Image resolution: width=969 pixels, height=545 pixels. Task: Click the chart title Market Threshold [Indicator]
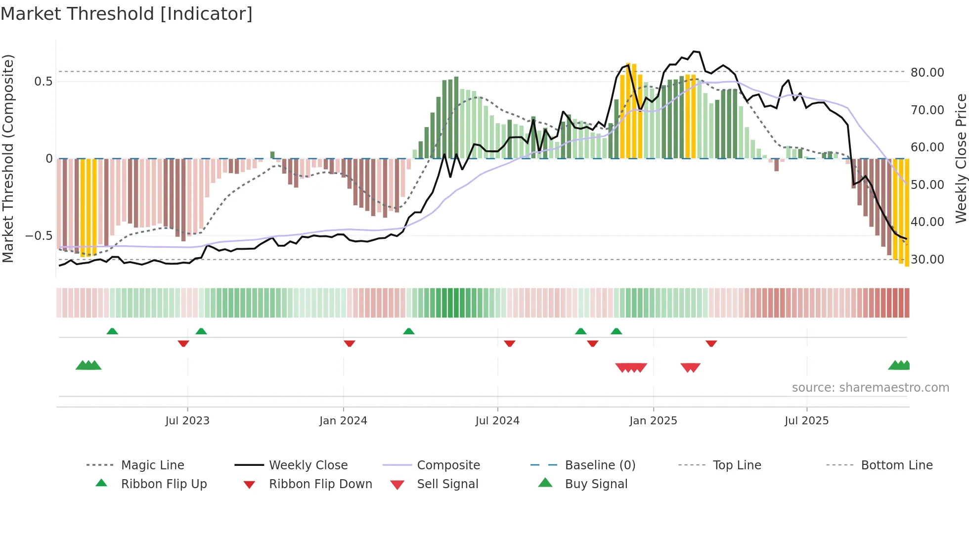click(127, 14)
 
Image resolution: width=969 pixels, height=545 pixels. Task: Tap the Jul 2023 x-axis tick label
click(187, 421)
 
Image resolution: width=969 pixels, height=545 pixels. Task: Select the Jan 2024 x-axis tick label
click(343, 421)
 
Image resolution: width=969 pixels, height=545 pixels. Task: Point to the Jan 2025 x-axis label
click(653, 421)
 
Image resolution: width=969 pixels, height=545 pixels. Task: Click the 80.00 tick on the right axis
click(927, 73)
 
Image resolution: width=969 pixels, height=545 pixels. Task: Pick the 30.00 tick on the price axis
click(927, 260)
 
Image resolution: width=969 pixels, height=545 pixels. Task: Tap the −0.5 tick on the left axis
click(39, 236)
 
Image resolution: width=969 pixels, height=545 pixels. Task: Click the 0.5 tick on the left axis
click(44, 82)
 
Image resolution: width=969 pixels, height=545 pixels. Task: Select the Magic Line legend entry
click(152, 465)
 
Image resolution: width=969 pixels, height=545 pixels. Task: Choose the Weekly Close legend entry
click(308, 465)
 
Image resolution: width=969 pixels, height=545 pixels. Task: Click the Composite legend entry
click(448, 465)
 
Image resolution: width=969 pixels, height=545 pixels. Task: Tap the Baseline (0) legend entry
click(600, 465)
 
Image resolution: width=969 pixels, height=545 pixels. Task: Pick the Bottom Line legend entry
click(896, 465)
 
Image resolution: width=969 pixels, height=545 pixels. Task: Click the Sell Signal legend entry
click(447, 484)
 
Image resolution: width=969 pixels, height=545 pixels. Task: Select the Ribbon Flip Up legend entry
click(164, 484)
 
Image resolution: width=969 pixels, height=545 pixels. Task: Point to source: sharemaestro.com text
click(870, 388)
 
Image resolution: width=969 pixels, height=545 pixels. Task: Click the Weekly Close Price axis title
click(961, 158)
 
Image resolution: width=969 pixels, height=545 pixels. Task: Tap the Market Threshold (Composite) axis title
click(8, 158)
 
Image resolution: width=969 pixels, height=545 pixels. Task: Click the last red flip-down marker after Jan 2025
click(711, 343)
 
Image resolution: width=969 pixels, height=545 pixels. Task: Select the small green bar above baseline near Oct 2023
click(272, 155)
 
